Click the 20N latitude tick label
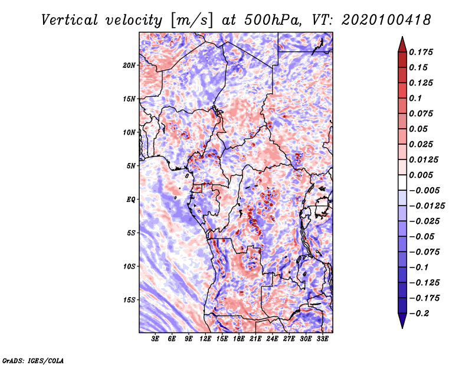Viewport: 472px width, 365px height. pos(129,66)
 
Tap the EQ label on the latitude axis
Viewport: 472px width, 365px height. pos(130,200)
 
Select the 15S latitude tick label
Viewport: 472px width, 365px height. pos(129,300)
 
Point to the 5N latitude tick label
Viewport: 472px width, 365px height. pos(131,166)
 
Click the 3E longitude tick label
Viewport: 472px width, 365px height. pos(155,339)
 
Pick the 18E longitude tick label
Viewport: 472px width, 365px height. pos(238,339)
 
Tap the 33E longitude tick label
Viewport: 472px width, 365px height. pos(322,339)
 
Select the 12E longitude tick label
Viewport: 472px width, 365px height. pos(205,339)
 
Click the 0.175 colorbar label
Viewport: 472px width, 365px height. pos(421,52)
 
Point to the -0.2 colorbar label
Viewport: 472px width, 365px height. pos(419,314)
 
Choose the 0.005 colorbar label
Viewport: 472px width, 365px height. pos(421,175)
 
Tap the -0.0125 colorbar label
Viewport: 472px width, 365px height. pos(427,206)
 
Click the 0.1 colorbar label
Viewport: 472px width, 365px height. pos(415,98)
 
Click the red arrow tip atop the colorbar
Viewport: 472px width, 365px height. pos(402,37)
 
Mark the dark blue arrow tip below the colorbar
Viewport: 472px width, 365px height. pos(402,328)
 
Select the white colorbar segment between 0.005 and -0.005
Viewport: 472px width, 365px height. pos(402,182)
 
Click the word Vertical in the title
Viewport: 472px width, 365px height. pos(70,20)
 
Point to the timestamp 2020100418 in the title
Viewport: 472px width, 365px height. pos(386,20)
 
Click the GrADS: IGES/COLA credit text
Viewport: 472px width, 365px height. pos(33,361)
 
